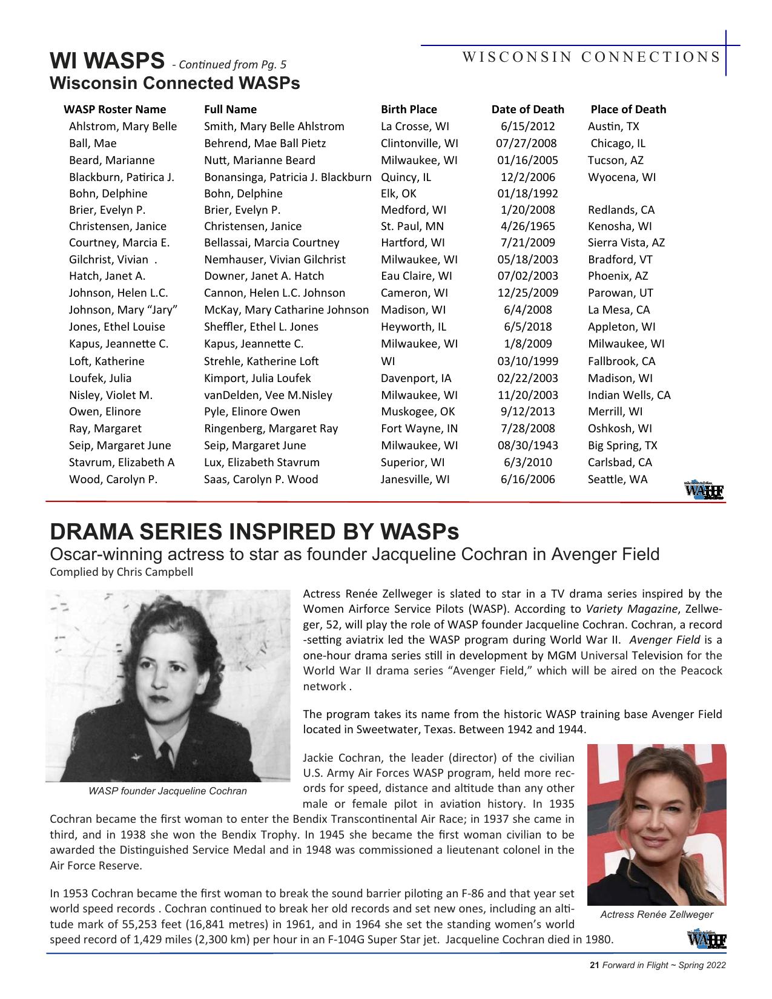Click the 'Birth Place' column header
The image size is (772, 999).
pyautogui.click(x=409, y=110)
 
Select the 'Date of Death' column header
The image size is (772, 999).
pyautogui.click(x=527, y=110)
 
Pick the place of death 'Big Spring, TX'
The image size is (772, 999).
pyautogui.click(x=622, y=446)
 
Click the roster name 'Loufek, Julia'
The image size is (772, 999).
pyautogui.click(x=100, y=378)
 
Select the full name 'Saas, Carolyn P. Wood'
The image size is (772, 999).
pyautogui.click(x=261, y=480)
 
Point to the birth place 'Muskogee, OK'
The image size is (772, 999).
pyautogui.click(x=418, y=412)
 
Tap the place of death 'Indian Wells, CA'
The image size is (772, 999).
pyautogui.click(x=629, y=395)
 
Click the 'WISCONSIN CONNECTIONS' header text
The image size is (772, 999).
pyautogui.click(x=591, y=58)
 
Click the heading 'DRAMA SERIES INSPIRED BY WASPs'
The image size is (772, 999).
pyautogui.click(x=254, y=532)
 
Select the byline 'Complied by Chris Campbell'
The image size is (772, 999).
pyautogui.click(x=121, y=572)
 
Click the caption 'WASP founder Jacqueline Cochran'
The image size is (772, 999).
pyautogui.click(x=168, y=791)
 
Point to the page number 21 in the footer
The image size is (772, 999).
pyautogui.click(x=594, y=966)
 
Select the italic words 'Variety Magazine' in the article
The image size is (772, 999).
pyautogui.click(x=632, y=609)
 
